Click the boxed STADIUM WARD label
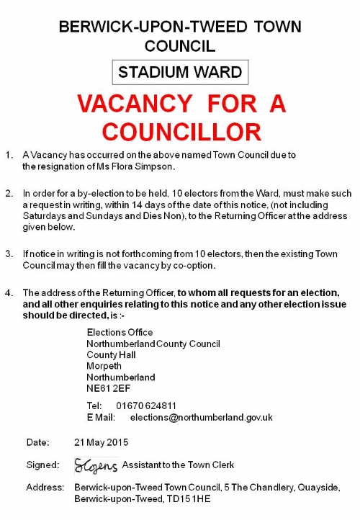tap(180, 72)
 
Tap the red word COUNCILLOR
tap(181, 131)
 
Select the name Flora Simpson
tap(144, 166)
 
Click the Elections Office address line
tap(120, 332)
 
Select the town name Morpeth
tap(103, 366)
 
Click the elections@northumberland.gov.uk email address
tap(201, 417)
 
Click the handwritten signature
tap(96, 465)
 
